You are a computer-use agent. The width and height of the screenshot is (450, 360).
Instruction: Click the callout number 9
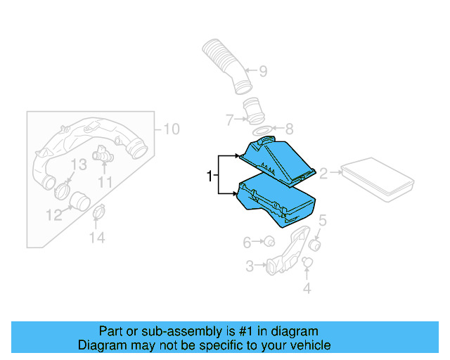point(263,71)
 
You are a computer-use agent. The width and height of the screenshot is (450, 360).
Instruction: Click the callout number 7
point(229,120)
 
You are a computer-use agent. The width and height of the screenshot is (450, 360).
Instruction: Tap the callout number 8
point(288,129)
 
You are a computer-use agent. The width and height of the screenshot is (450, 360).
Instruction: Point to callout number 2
point(324,173)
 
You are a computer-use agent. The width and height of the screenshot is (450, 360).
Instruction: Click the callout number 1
point(210,176)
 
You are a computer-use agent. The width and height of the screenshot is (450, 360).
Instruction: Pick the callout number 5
point(323,221)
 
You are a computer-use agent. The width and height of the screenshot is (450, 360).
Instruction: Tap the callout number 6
point(247,243)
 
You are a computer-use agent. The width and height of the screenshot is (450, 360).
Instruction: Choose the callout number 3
point(250,266)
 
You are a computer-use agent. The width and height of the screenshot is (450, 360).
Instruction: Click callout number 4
point(307,288)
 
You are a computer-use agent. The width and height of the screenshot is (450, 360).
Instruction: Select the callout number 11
point(105,182)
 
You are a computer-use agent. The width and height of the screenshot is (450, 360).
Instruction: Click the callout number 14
point(97,238)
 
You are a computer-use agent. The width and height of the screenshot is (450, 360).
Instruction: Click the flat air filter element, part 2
point(377,179)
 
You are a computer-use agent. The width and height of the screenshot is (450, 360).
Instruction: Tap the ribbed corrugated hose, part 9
point(224,64)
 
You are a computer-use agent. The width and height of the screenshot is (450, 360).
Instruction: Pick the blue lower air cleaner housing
point(278,204)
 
